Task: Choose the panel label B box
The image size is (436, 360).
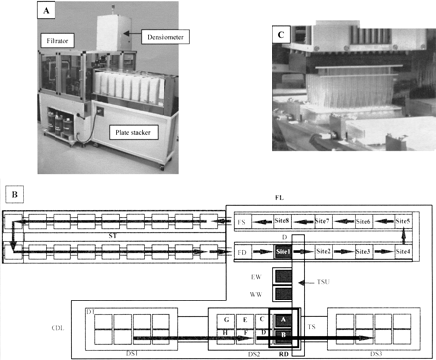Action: [x=16, y=185]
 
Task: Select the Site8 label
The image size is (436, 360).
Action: [x=281, y=220]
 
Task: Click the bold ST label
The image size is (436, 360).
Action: [x=113, y=236]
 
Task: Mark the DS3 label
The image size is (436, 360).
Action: [x=375, y=354]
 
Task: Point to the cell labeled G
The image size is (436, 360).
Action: [x=227, y=320]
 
